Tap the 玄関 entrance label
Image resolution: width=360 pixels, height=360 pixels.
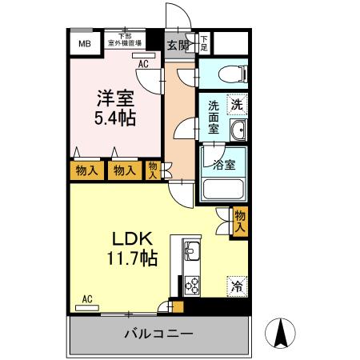(x=178, y=45)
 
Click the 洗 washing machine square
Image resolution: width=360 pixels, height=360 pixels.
(x=237, y=104)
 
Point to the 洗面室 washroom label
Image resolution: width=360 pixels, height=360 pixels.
(x=214, y=117)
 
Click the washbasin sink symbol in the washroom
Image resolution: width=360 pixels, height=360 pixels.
(x=238, y=130)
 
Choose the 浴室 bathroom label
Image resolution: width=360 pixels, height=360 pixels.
(x=224, y=165)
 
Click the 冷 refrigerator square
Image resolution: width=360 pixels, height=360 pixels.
(x=237, y=284)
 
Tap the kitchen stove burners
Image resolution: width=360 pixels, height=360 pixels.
(x=193, y=282)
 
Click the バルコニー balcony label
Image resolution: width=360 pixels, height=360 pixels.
(x=158, y=333)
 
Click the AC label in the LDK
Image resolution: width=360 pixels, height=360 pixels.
(x=87, y=299)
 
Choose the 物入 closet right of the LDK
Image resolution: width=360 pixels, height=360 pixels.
(x=239, y=221)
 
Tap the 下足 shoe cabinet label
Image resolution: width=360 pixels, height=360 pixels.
(x=204, y=43)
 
